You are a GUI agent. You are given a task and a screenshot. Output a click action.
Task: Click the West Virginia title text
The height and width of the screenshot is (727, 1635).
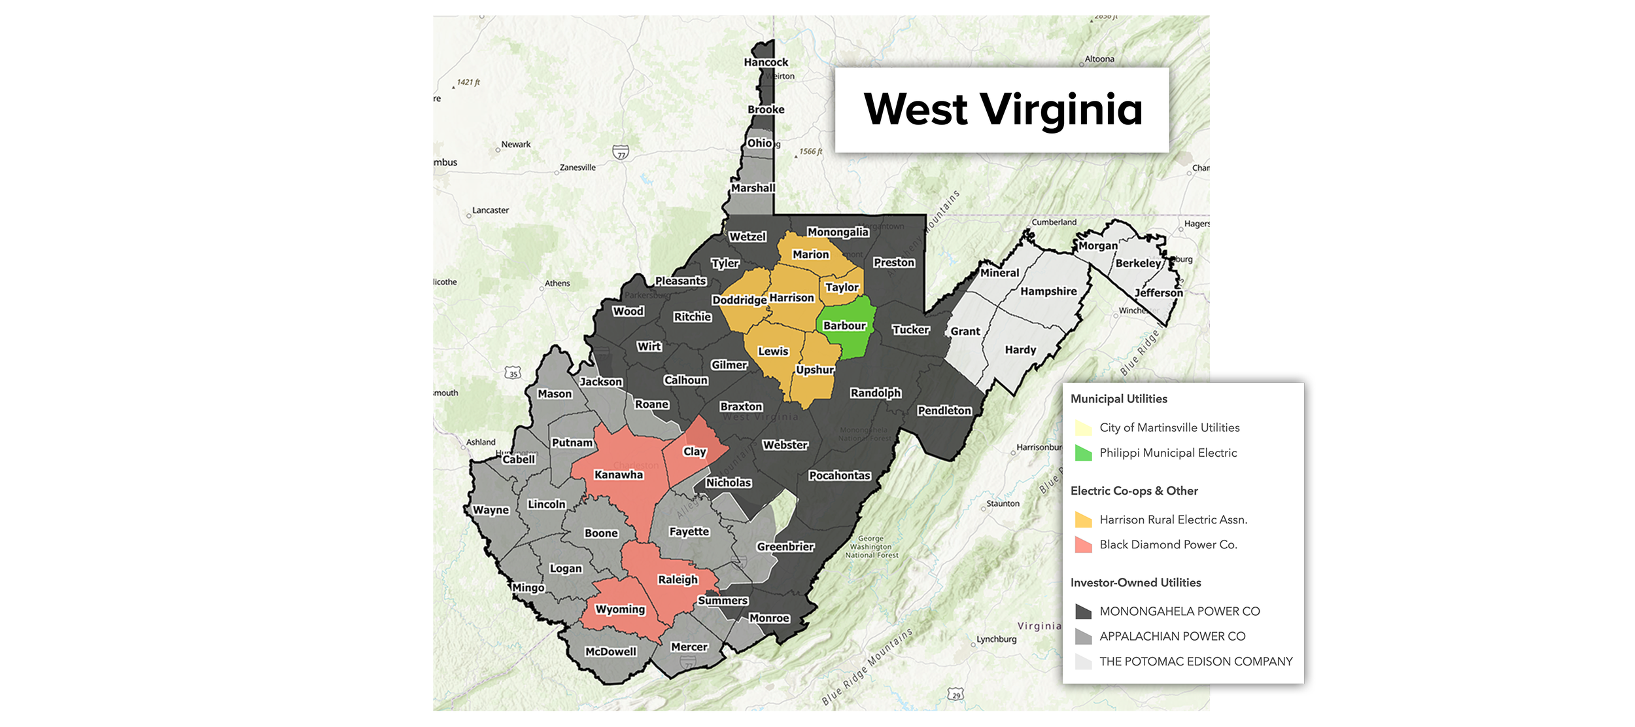pos(1003,109)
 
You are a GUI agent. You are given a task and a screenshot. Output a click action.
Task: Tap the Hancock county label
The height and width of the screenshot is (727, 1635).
pos(766,62)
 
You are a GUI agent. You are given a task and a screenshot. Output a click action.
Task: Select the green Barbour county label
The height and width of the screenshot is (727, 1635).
pos(844,325)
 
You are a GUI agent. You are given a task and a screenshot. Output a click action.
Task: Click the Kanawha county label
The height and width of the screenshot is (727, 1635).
pos(618,474)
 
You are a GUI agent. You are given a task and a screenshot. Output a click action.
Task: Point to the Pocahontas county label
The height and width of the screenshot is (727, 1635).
pos(840,475)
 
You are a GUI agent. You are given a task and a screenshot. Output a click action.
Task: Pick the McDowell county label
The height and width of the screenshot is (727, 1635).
pos(610,651)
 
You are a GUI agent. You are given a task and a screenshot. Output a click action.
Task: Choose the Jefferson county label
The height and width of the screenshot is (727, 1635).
pos(1158,293)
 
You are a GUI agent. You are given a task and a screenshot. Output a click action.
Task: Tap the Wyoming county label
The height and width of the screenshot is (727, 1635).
pos(620,609)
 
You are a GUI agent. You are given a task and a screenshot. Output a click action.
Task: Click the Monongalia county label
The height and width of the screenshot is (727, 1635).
pos(838,232)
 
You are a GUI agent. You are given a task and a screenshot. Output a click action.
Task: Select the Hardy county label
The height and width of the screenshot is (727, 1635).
pos(1020,349)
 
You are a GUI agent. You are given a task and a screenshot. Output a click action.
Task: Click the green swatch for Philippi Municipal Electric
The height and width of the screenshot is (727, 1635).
pos(1083,453)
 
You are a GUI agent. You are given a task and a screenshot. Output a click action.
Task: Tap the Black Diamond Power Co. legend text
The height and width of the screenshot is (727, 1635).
pos(1168,544)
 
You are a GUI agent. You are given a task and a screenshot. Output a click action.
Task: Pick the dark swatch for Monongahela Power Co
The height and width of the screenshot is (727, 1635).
pos(1083,611)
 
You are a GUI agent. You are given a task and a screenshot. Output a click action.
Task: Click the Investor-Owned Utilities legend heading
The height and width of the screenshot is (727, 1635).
pos(1135,582)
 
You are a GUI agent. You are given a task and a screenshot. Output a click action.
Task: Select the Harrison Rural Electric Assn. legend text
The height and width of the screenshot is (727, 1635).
pos(1173,520)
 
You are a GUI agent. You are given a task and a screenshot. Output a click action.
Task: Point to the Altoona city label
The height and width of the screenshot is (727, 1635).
pos(1099,59)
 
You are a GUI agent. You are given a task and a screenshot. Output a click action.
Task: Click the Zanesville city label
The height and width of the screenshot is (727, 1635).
pos(577,168)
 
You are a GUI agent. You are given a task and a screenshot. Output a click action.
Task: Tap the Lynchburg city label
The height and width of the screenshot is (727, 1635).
pos(996,639)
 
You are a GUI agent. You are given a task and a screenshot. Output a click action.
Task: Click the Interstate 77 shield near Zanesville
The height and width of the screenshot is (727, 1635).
pos(621,152)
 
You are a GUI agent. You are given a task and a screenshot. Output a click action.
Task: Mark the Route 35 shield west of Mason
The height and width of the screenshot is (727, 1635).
pos(513,373)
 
